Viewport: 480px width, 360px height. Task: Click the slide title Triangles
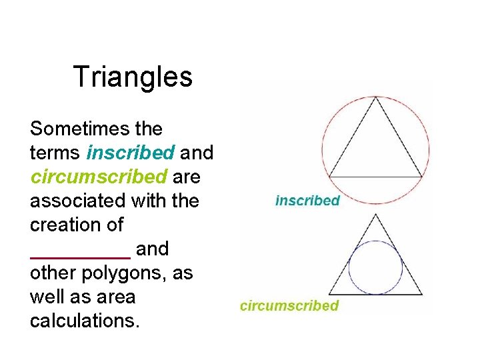coord(133,77)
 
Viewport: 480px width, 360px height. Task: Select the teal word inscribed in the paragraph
coord(131,153)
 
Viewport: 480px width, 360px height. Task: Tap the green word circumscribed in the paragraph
coord(99,177)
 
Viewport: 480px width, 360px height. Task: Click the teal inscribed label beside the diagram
coord(307,200)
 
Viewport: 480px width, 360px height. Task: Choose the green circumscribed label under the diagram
coord(289,306)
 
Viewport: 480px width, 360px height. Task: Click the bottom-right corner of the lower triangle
coord(422,294)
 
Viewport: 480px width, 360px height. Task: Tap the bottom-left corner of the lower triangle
coord(329,294)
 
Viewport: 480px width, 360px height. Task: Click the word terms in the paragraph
coord(55,153)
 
